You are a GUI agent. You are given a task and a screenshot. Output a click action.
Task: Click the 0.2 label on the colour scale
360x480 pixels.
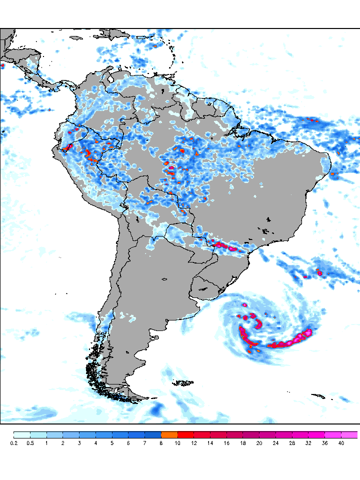(x=13, y=443)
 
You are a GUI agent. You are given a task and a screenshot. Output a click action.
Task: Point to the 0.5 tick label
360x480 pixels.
(x=30, y=443)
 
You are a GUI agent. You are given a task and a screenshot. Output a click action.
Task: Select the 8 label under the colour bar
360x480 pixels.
(x=161, y=443)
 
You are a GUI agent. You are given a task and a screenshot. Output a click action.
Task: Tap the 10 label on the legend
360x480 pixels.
(x=177, y=443)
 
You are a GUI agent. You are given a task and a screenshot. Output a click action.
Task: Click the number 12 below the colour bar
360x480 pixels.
(x=194, y=443)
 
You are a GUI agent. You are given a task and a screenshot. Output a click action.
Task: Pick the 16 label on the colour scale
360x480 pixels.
(x=226, y=443)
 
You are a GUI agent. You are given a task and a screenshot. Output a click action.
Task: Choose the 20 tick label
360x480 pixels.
(x=259, y=443)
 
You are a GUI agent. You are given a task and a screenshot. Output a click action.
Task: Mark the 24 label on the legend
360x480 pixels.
(x=275, y=443)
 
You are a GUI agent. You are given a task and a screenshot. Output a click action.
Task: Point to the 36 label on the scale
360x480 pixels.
(x=324, y=443)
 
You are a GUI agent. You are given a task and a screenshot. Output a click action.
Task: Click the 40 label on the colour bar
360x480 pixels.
(x=341, y=443)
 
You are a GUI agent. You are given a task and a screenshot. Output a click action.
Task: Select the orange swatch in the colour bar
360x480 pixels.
(x=169, y=435)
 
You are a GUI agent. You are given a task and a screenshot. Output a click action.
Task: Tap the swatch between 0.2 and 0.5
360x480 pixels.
(x=22, y=435)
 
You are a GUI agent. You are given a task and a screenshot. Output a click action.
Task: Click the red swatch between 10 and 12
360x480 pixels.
(x=186, y=435)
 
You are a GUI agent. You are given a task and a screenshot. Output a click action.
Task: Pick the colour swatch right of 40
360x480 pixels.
(x=349, y=435)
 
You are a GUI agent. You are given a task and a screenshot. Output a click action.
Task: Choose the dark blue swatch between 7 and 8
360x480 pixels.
(x=153, y=435)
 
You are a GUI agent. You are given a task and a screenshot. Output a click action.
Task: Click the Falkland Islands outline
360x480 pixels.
(x=183, y=383)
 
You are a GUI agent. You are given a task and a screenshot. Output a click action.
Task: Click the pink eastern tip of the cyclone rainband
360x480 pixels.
(x=308, y=332)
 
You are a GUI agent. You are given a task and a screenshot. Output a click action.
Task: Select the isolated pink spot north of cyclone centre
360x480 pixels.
(x=244, y=304)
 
